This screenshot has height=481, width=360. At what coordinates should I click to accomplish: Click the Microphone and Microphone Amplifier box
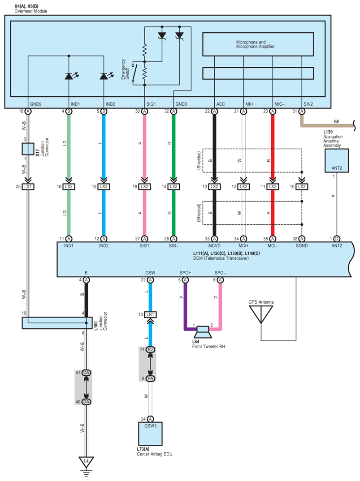[x=258, y=44]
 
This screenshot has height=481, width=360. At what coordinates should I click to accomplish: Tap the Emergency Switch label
[x=125, y=69]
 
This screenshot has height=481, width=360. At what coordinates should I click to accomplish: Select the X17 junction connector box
[x=28, y=149]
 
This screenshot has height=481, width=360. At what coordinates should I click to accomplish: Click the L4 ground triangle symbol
[x=87, y=462]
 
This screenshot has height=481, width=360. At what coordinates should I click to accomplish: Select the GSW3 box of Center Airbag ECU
[x=150, y=434]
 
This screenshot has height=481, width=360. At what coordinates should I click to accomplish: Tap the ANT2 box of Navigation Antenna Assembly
[x=337, y=161]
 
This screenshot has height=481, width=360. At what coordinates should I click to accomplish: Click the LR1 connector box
[x=150, y=314]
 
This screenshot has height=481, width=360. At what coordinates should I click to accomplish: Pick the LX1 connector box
[x=28, y=186]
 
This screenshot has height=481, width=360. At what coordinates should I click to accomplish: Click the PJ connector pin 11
[x=150, y=349]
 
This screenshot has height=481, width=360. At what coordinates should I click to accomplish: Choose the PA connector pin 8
[x=150, y=378]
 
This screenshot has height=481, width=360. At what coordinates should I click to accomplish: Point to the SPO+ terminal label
[x=185, y=273]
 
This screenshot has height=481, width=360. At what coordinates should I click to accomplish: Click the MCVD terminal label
[x=214, y=246]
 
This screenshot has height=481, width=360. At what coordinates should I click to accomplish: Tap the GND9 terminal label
[x=35, y=104]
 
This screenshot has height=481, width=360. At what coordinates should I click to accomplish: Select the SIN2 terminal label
[x=308, y=104]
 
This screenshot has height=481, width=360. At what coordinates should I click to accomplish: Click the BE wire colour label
[x=337, y=121]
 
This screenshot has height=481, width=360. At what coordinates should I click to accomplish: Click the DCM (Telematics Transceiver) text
[x=221, y=258]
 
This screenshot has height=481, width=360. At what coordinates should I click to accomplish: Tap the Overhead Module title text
[x=31, y=11]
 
